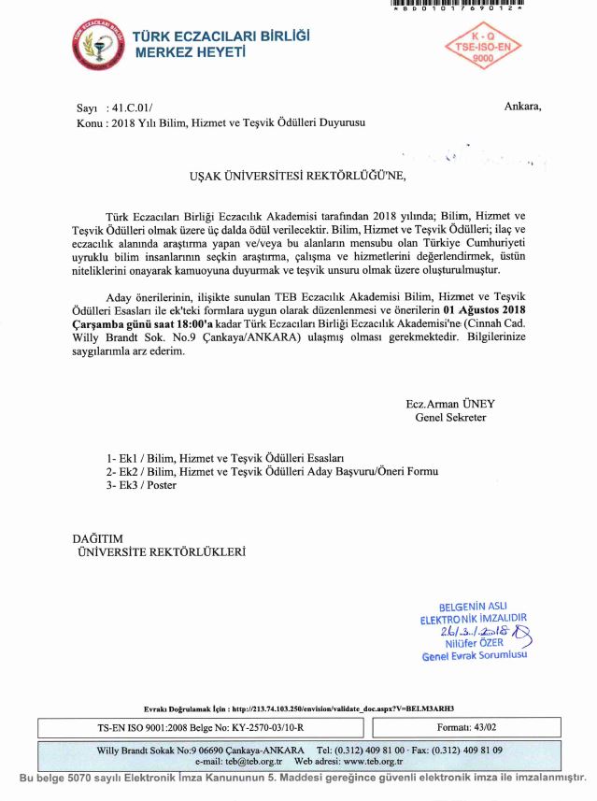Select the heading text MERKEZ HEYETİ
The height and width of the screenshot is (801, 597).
[192, 53]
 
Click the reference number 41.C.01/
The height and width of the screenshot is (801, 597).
[136, 108]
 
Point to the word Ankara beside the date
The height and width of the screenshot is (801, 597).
[521, 107]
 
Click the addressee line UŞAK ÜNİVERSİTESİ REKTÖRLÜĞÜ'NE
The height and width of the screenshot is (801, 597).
[299, 175]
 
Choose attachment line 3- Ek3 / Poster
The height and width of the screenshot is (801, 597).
[142, 486]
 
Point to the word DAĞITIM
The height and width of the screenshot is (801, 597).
[98, 538]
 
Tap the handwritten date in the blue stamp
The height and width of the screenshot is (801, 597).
[474, 631]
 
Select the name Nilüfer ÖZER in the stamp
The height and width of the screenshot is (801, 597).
[475, 643]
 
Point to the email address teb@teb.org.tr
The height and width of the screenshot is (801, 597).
[244, 762]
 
